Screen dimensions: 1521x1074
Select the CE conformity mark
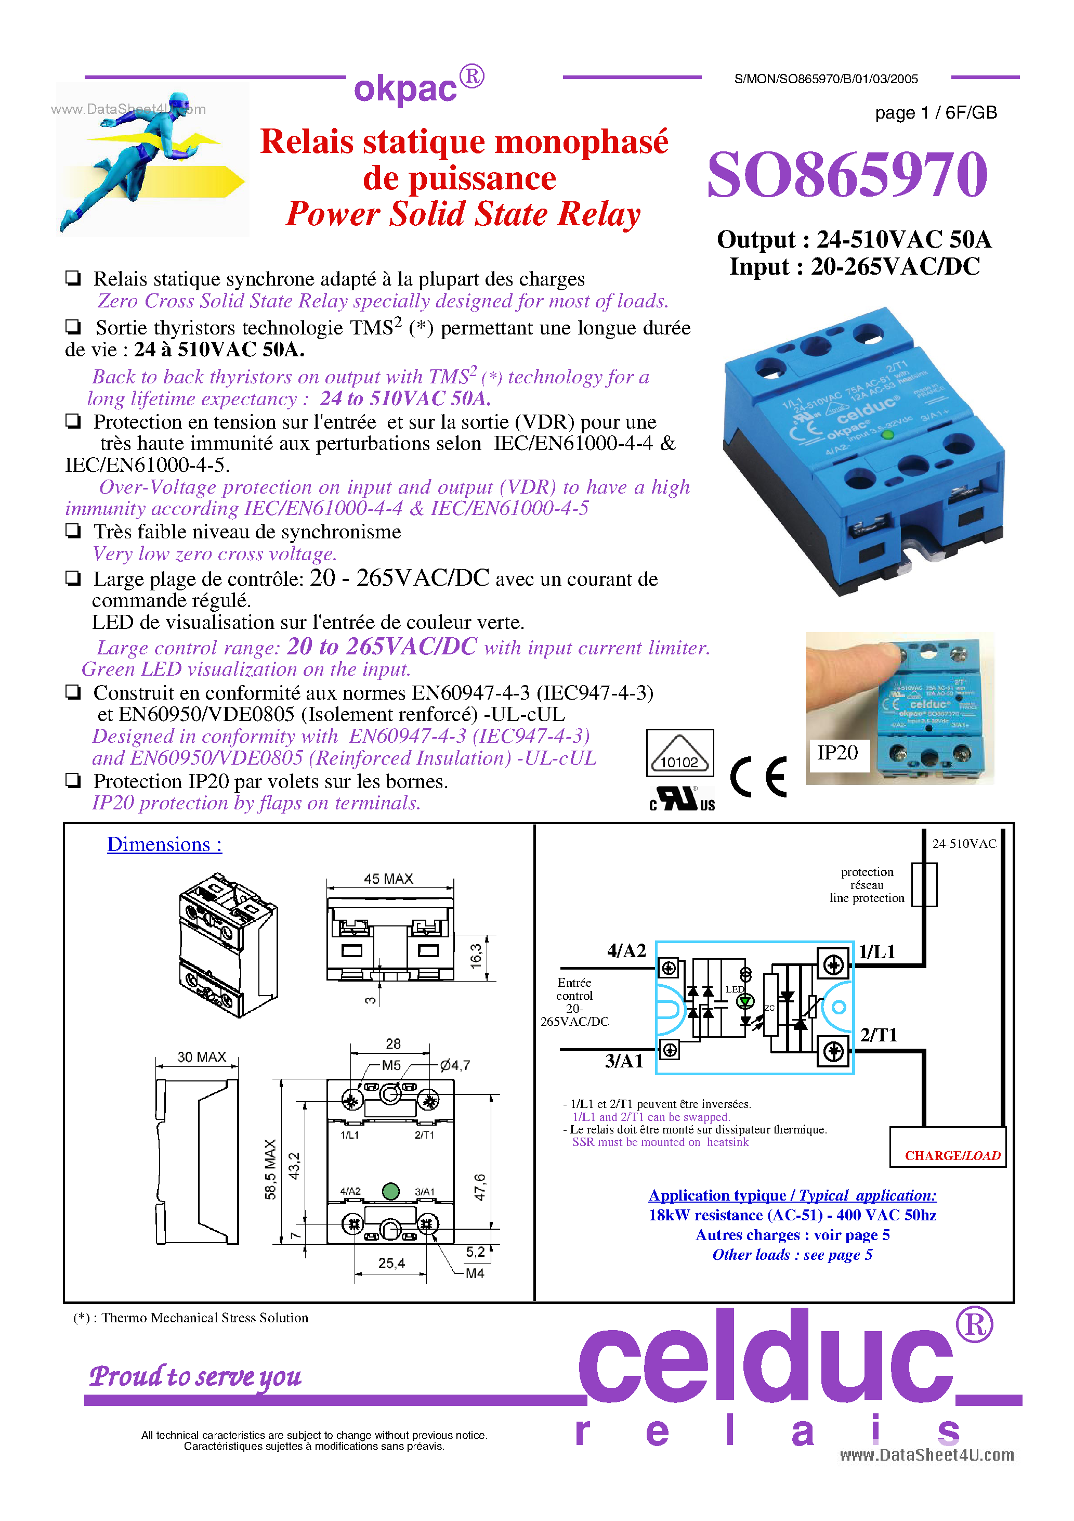point(759,777)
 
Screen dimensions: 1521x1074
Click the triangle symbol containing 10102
point(679,755)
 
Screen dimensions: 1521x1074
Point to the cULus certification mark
point(682,799)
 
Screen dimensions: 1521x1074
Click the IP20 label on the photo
point(837,753)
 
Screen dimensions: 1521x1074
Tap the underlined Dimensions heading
point(164,845)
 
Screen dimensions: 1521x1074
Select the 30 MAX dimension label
point(201,1056)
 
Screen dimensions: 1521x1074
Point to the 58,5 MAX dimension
point(270,1169)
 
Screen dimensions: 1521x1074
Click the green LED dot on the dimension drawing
point(391,1191)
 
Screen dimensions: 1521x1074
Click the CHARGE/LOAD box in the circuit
point(951,1155)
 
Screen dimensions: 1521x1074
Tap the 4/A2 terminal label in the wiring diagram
point(626,951)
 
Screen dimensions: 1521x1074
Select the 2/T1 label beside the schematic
point(878,1035)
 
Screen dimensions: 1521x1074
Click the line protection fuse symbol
point(924,884)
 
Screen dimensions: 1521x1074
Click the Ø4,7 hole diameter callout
point(455,1065)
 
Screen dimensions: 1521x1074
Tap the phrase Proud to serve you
point(195,1376)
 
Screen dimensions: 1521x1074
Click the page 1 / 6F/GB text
point(936,112)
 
